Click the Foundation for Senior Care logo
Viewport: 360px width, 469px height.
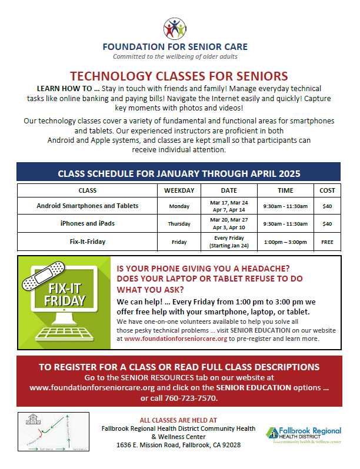[x=175, y=28]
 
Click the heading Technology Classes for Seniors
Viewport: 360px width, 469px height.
[x=179, y=76]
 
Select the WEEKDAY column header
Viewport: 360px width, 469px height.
[x=179, y=190]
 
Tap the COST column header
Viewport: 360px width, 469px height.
[x=327, y=190]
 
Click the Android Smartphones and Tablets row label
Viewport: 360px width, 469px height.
[x=88, y=206]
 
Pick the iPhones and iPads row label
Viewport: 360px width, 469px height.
[x=88, y=223]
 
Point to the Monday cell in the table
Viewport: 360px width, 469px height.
[x=179, y=206]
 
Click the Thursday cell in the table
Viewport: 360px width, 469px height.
[x=179, y=224]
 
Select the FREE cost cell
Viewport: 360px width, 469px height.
[x=327, y=242]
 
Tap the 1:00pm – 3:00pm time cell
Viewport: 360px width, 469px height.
[x=285, y=242]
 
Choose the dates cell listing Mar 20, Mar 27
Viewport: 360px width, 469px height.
[x=229, y=223]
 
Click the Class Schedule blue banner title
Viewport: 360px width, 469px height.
[x=179, y=173]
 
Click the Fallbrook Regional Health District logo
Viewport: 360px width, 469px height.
[x=304, y=435]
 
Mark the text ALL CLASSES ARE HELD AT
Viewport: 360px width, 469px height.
[x=178, y=420]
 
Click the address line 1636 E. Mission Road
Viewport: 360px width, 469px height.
[x=178, y=445]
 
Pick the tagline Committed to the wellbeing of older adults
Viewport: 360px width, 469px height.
[x=175, y=56]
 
